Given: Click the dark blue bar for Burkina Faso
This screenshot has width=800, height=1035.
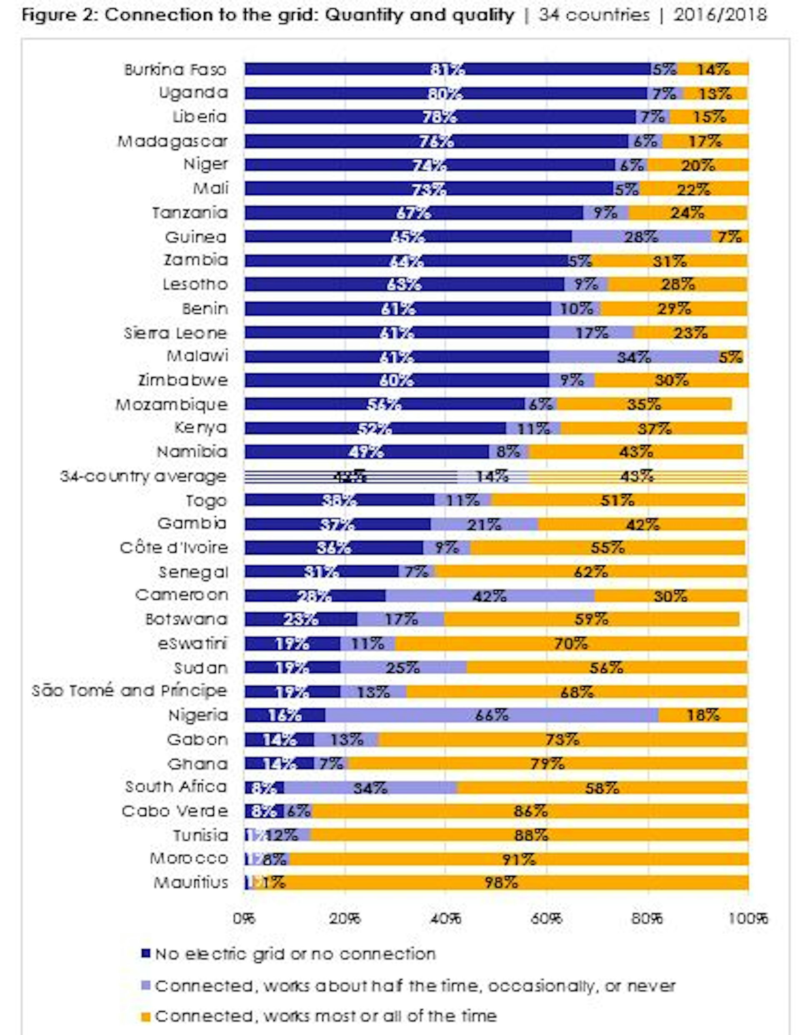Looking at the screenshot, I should click(x=447, y=69).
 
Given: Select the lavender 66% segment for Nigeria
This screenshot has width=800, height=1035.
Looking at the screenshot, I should click(x=491, y=715).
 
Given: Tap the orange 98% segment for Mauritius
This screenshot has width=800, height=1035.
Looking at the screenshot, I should click(x=502, y=883).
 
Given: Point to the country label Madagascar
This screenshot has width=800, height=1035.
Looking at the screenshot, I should click(x=172, y=141).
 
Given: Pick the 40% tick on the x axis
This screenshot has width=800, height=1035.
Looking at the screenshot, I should click(x=446, y=919).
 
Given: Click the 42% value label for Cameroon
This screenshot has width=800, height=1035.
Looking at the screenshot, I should click(x=490, y=596).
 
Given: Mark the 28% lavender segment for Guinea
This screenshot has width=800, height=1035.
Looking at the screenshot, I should click(x=641, y=237).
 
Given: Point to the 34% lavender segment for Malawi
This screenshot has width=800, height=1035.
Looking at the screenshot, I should click(x=634, y=357).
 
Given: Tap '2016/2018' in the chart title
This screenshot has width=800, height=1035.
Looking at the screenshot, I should click(x=720, y=16).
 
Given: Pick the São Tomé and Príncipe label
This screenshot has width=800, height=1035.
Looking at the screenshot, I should click(x=130, y=691).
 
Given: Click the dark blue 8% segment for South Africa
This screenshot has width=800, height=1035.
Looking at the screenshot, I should click(x=264, y=788).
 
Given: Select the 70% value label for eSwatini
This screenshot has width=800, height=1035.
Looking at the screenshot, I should click(x=570, y=643).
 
